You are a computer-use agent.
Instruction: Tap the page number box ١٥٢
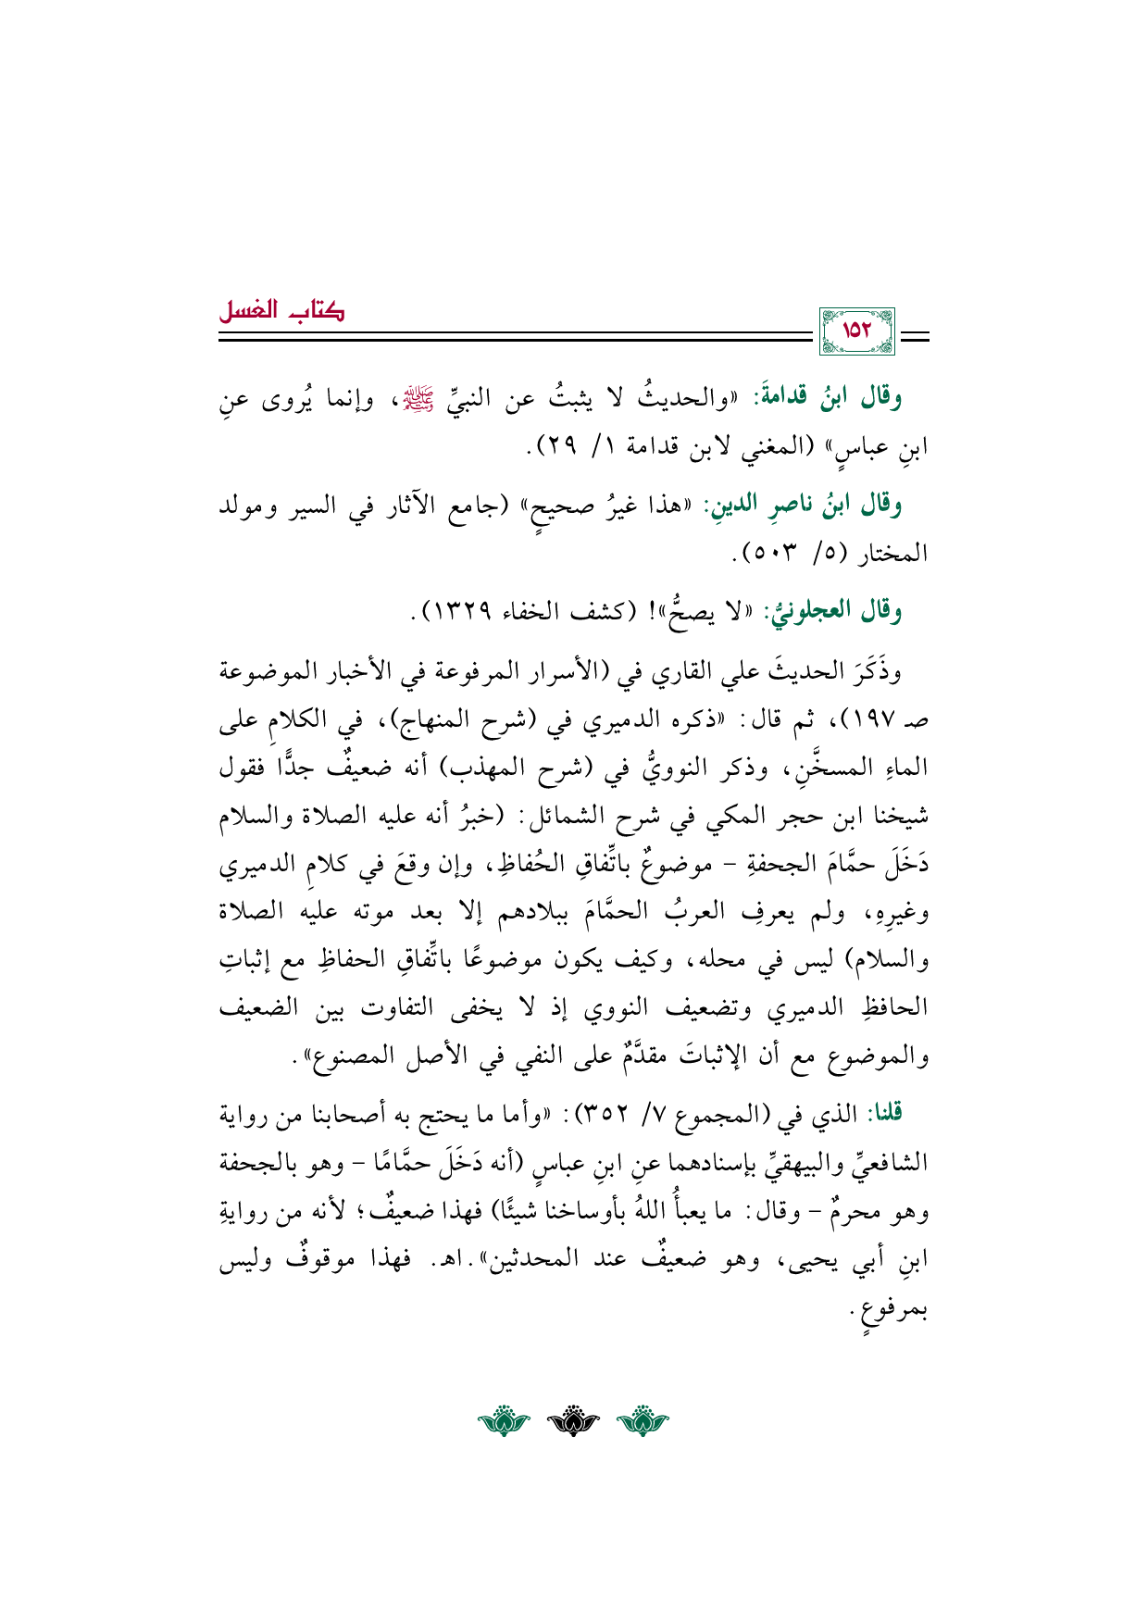[x=857, y=331]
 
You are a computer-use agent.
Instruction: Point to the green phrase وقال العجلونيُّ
[x=831, y=612]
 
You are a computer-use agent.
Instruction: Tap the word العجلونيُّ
[x=804, y=612]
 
